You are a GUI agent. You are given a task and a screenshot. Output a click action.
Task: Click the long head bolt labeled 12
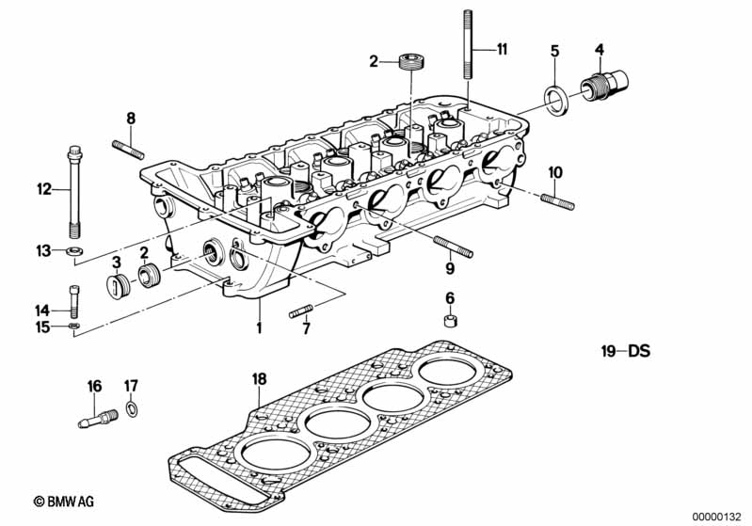coord(73,192)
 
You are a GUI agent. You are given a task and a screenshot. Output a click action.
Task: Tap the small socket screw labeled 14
coord(73,301)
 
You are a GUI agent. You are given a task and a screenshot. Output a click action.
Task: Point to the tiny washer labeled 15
coord(73,327)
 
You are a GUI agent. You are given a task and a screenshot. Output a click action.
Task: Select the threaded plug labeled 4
coord(605,86)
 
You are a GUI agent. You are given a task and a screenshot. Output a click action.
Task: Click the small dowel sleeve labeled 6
coord(450,321)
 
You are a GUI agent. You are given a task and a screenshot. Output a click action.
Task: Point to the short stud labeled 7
coord(301,311)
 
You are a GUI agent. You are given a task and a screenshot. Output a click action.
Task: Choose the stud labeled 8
coord(128,149)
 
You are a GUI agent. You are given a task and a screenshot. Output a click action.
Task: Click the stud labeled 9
coord(454,247)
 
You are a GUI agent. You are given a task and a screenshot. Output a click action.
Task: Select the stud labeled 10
coord(557,201)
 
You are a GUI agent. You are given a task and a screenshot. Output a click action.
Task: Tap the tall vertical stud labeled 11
coord(469,44)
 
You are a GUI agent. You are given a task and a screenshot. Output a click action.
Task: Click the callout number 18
coord(259,379)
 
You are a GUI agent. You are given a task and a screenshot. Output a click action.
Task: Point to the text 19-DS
coord(626,351)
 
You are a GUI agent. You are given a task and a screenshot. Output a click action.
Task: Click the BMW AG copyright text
coord(64,502)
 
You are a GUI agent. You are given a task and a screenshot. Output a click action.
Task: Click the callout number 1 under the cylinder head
coord(259,328)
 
